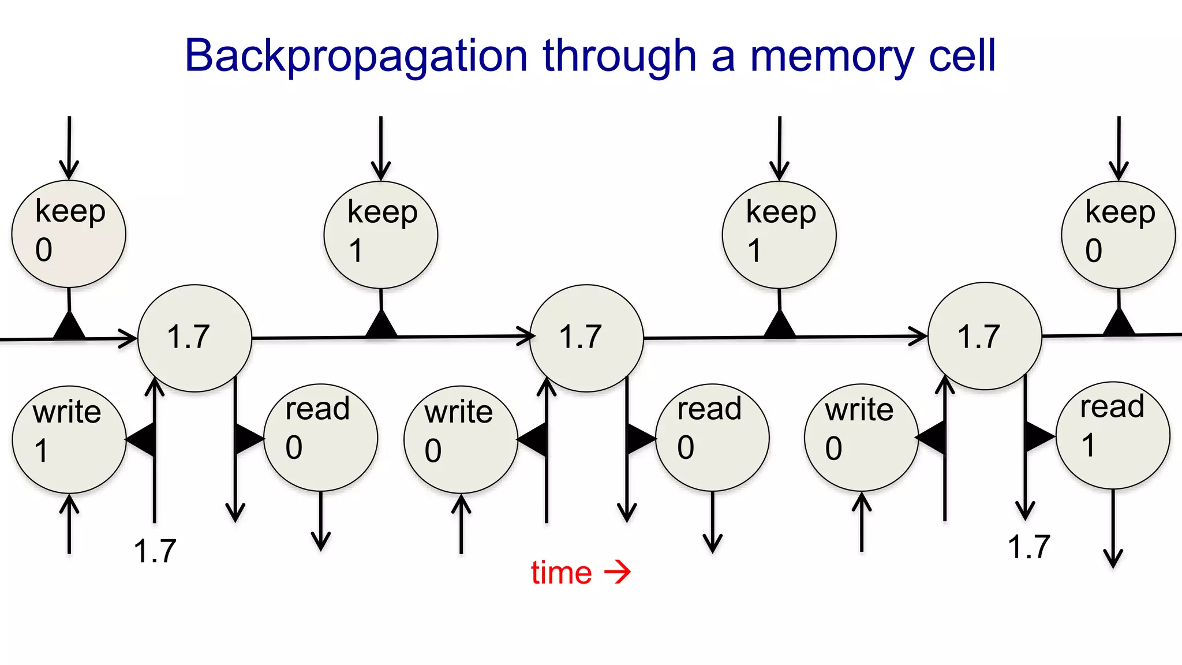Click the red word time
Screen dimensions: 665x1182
561,573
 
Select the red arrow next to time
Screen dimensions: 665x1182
618,572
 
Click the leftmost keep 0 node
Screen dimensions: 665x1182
69,233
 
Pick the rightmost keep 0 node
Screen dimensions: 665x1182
1118,234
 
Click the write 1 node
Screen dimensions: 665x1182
69,439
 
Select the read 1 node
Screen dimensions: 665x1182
1113,435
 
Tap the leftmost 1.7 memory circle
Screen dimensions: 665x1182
194,338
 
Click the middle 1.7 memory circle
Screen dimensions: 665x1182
586,338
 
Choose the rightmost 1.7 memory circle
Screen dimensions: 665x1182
985,336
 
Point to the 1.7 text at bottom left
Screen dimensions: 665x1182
155,551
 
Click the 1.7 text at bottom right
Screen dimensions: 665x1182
1029,547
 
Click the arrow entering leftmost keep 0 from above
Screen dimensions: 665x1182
69,147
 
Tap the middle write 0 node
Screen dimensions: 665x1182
461,439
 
